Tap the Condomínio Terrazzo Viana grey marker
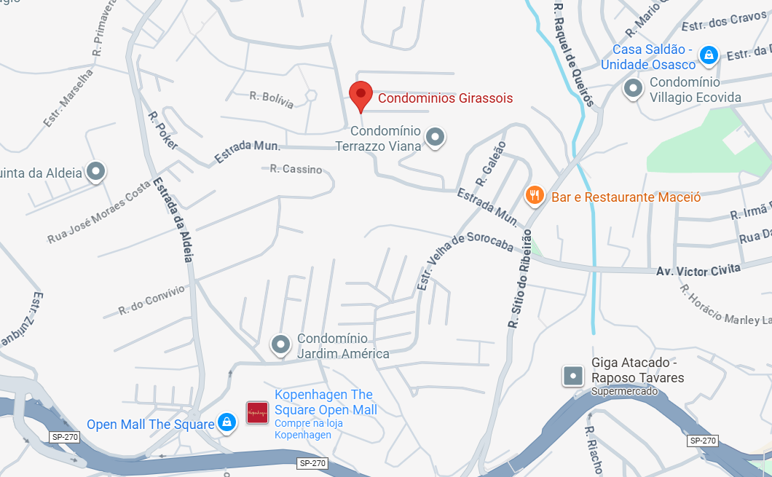[435, 136]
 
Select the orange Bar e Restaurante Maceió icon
[535, 195]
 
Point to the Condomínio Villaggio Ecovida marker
[634, 89]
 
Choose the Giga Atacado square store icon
[574, 376]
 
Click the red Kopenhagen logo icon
[257, 413]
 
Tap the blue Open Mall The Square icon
[227, 422]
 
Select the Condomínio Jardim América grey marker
[280, 344]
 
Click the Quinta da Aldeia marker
[96, 172]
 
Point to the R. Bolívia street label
[271, 100]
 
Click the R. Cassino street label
[296, 169]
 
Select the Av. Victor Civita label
[698, 269]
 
